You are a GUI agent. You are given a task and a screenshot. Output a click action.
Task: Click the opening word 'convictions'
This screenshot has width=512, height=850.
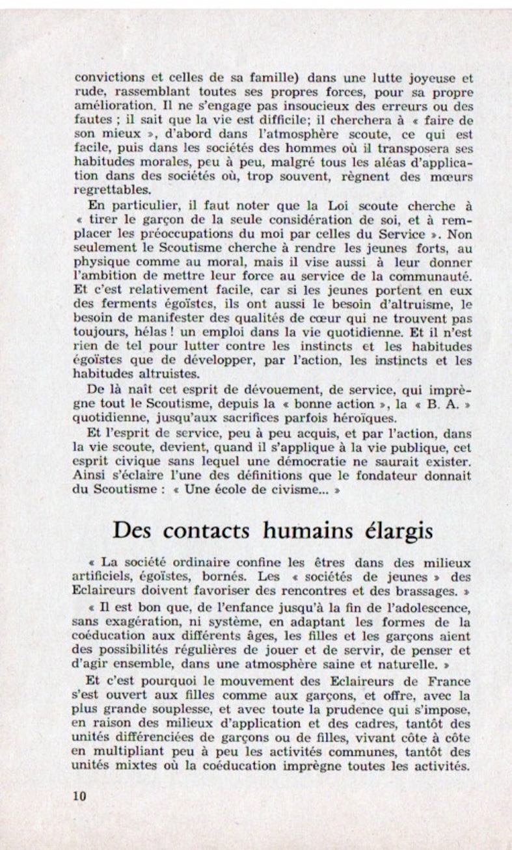coord(106,81)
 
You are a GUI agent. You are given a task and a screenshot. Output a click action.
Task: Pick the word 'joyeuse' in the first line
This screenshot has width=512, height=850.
coord(405,81)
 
